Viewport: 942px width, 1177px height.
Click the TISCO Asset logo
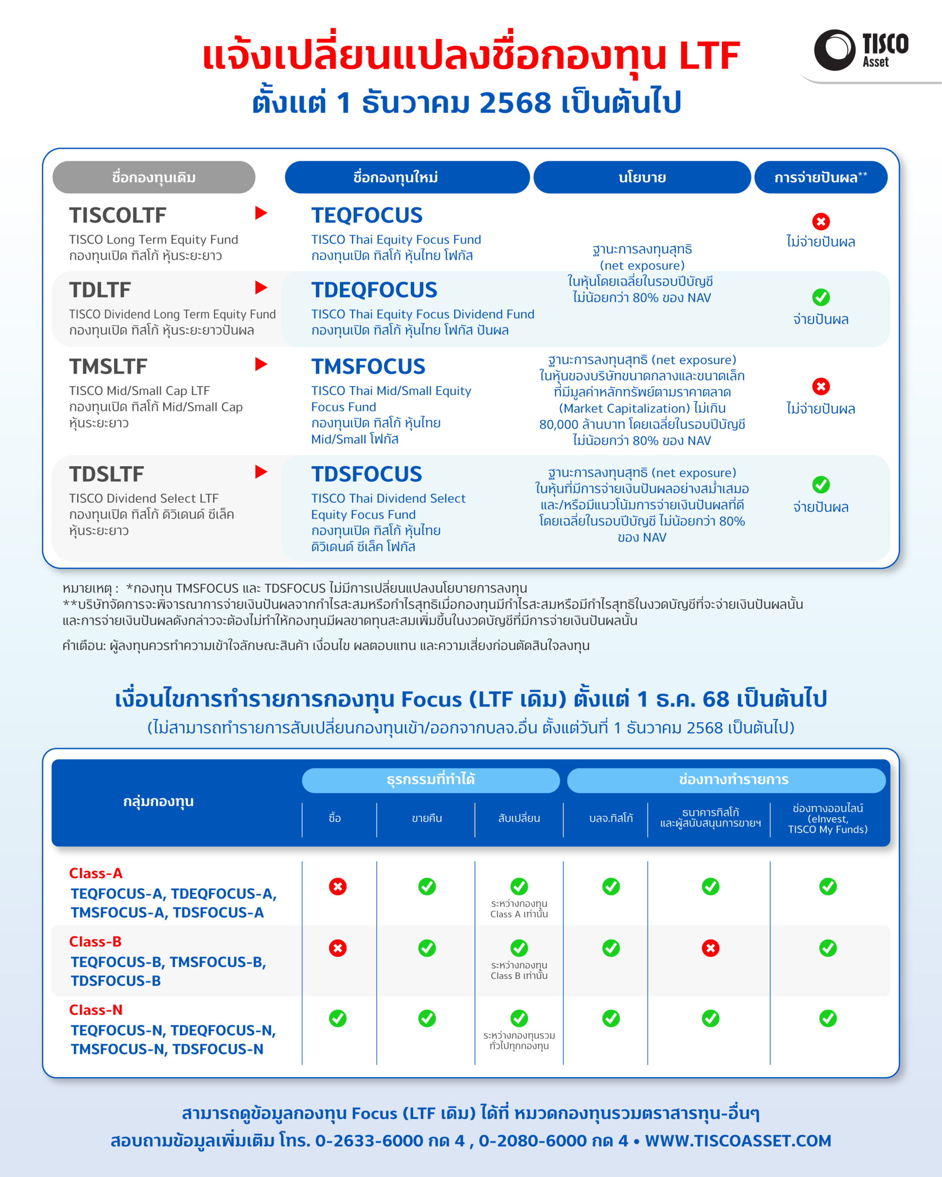click(x=861, y=50)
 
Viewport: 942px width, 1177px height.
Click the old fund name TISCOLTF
click(x=117, y=216)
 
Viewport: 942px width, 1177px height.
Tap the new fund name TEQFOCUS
click(x=367, y=216)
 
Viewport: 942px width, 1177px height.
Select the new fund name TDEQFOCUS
click(x=374, y=290)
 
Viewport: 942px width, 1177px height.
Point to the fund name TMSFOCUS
click(x=368, y=366)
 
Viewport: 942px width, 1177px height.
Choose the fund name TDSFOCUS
click(x=367, y=474)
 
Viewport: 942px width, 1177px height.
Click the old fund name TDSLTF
click(x=107, y=474)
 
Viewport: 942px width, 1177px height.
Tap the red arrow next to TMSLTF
click(x=261, y=364)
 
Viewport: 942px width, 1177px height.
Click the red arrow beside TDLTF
click(x=261, y=288)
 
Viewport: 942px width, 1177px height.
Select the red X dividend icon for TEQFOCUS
click(x=821, y=222)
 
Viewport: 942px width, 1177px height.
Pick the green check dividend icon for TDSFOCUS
click(x=821, y=484)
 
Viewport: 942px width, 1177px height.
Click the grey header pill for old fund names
click(x=154, y=177)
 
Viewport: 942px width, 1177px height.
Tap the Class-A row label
click(x=96, y=873)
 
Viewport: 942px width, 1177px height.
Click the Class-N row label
click(x=96, y=1009)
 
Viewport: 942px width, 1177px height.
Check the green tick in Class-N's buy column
click(x=338, y=1018)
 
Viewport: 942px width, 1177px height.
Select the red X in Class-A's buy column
click(x=338, y=886)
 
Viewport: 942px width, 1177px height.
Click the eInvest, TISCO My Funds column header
click(x=827, y=818)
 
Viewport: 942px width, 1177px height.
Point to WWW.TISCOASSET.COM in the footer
click(x=738, y=1140)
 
